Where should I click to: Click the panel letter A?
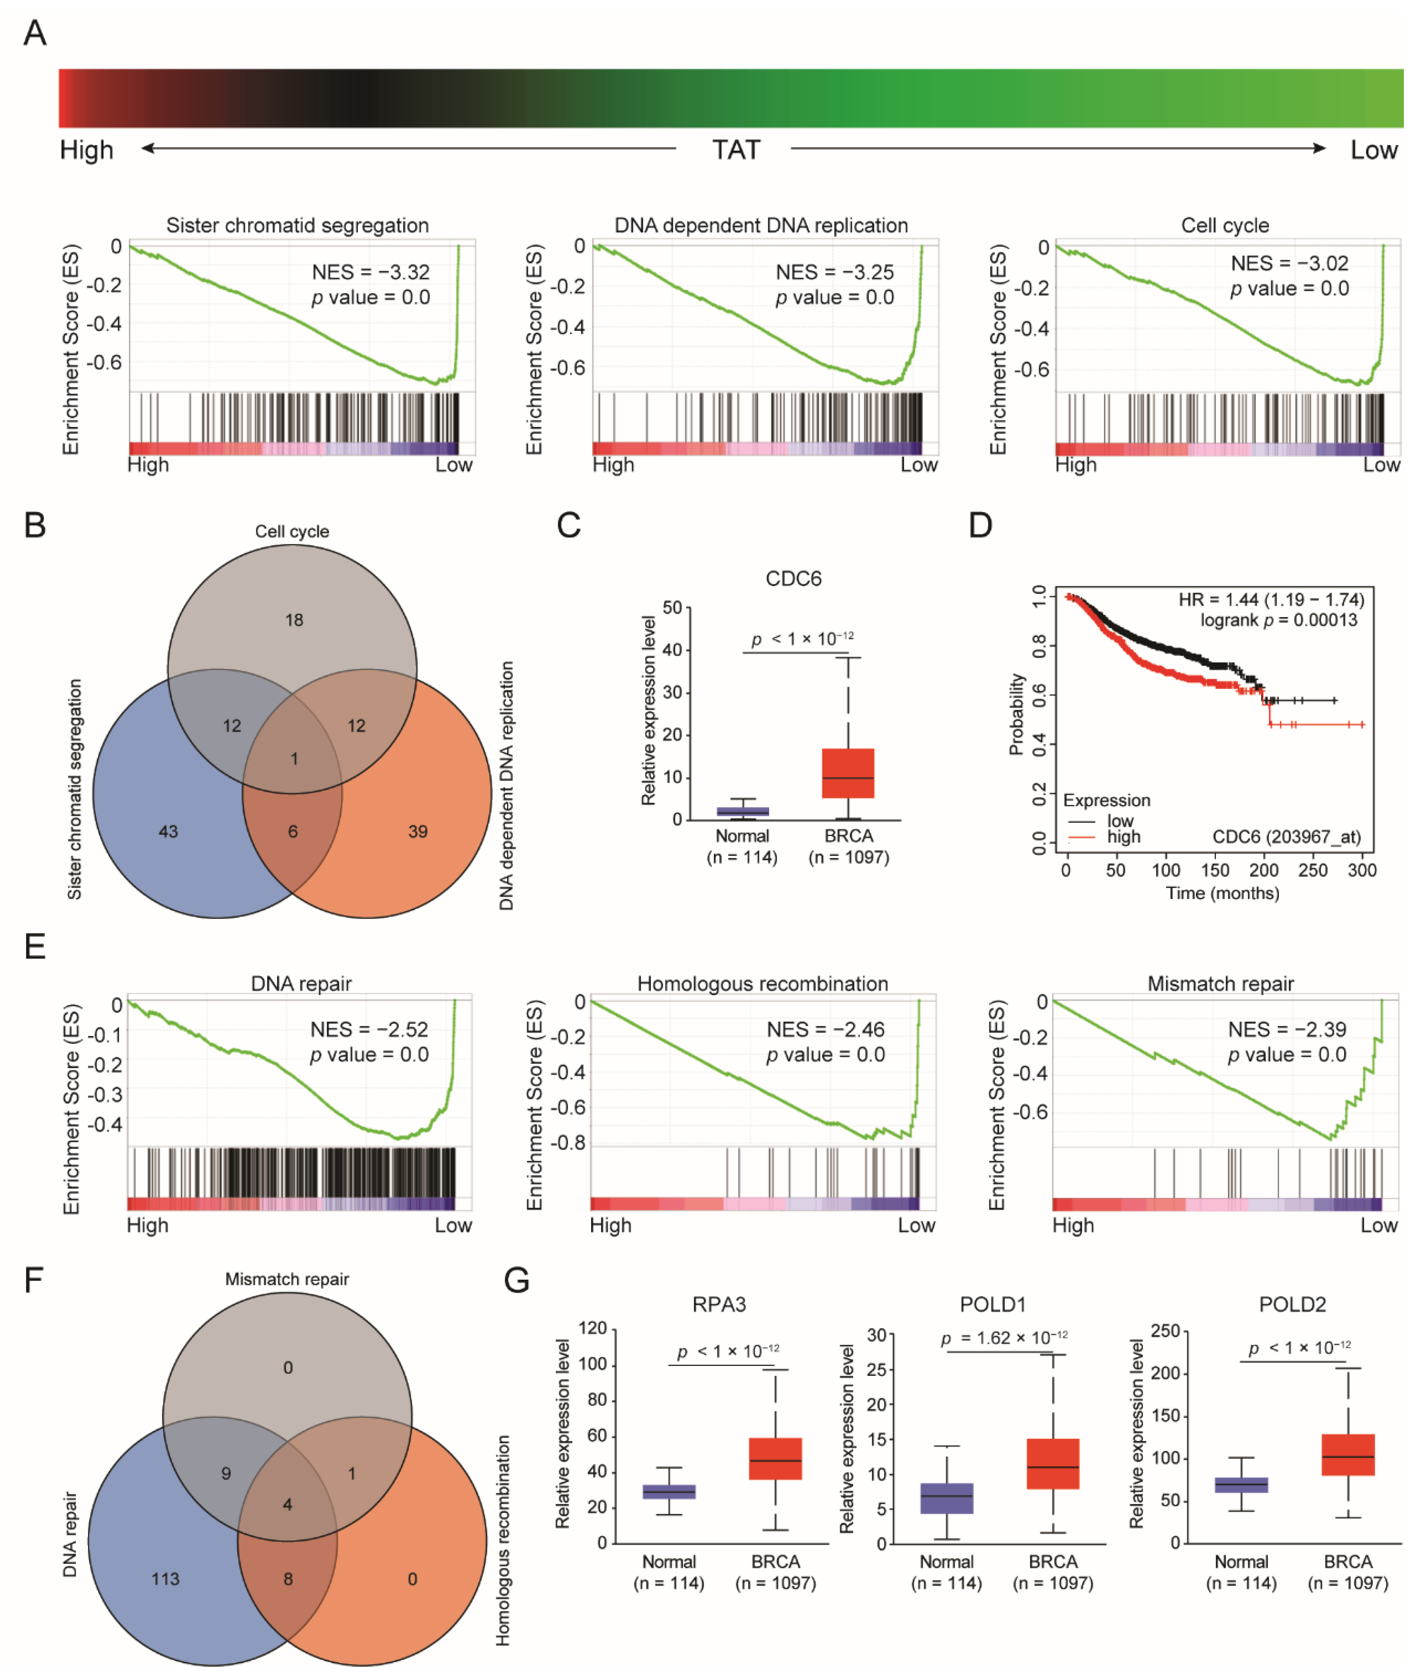pyautogui.click(x=35, y=33)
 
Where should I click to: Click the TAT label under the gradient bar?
pyautogui.click(x=735, y=150)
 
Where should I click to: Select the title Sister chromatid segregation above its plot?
pyautogui.click(x=297, y=225)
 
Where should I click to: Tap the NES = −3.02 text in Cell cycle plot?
pyautogui.click(x=1289, y=263)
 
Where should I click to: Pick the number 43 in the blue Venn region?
pyautogui.click(x=168, y=831)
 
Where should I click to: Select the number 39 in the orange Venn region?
pyautogui.click(x=418, y=831)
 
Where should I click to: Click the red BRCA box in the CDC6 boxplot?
pyautogui.click(x=848, y=773)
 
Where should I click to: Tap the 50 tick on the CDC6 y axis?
pyautogui.click(x=672, y=607)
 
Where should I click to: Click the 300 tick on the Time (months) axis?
pyautogui.click(x=1362, y=870)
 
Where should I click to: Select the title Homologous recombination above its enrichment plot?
pyautogui.click(x=762, y=984)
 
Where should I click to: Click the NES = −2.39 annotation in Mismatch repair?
pyautogui.click(x=1287, y=1029)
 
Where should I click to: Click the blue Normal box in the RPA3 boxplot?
pyautogui.click(x=669, y=1491)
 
